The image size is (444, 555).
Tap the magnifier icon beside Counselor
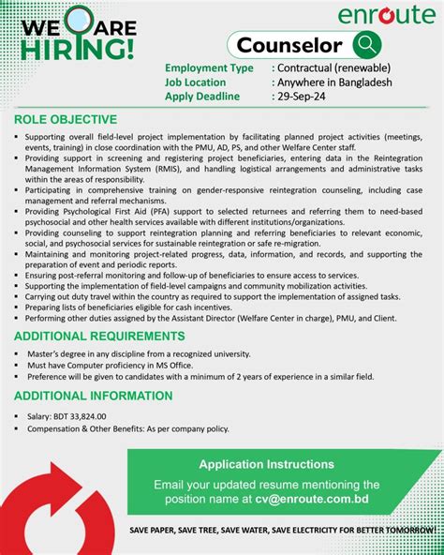point(366,44)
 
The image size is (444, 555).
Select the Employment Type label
point(209,67)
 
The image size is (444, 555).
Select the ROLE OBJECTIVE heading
point(66,119)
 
